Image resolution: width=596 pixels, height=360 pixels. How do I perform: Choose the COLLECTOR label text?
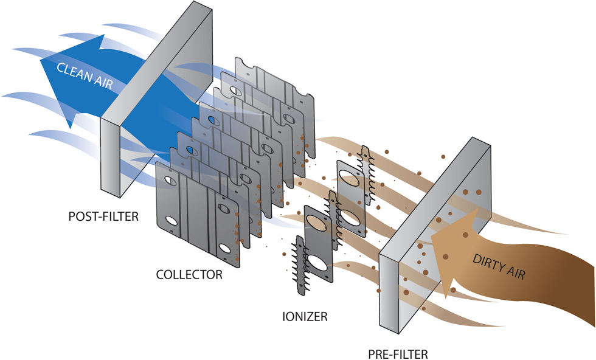[x=188, y=274]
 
